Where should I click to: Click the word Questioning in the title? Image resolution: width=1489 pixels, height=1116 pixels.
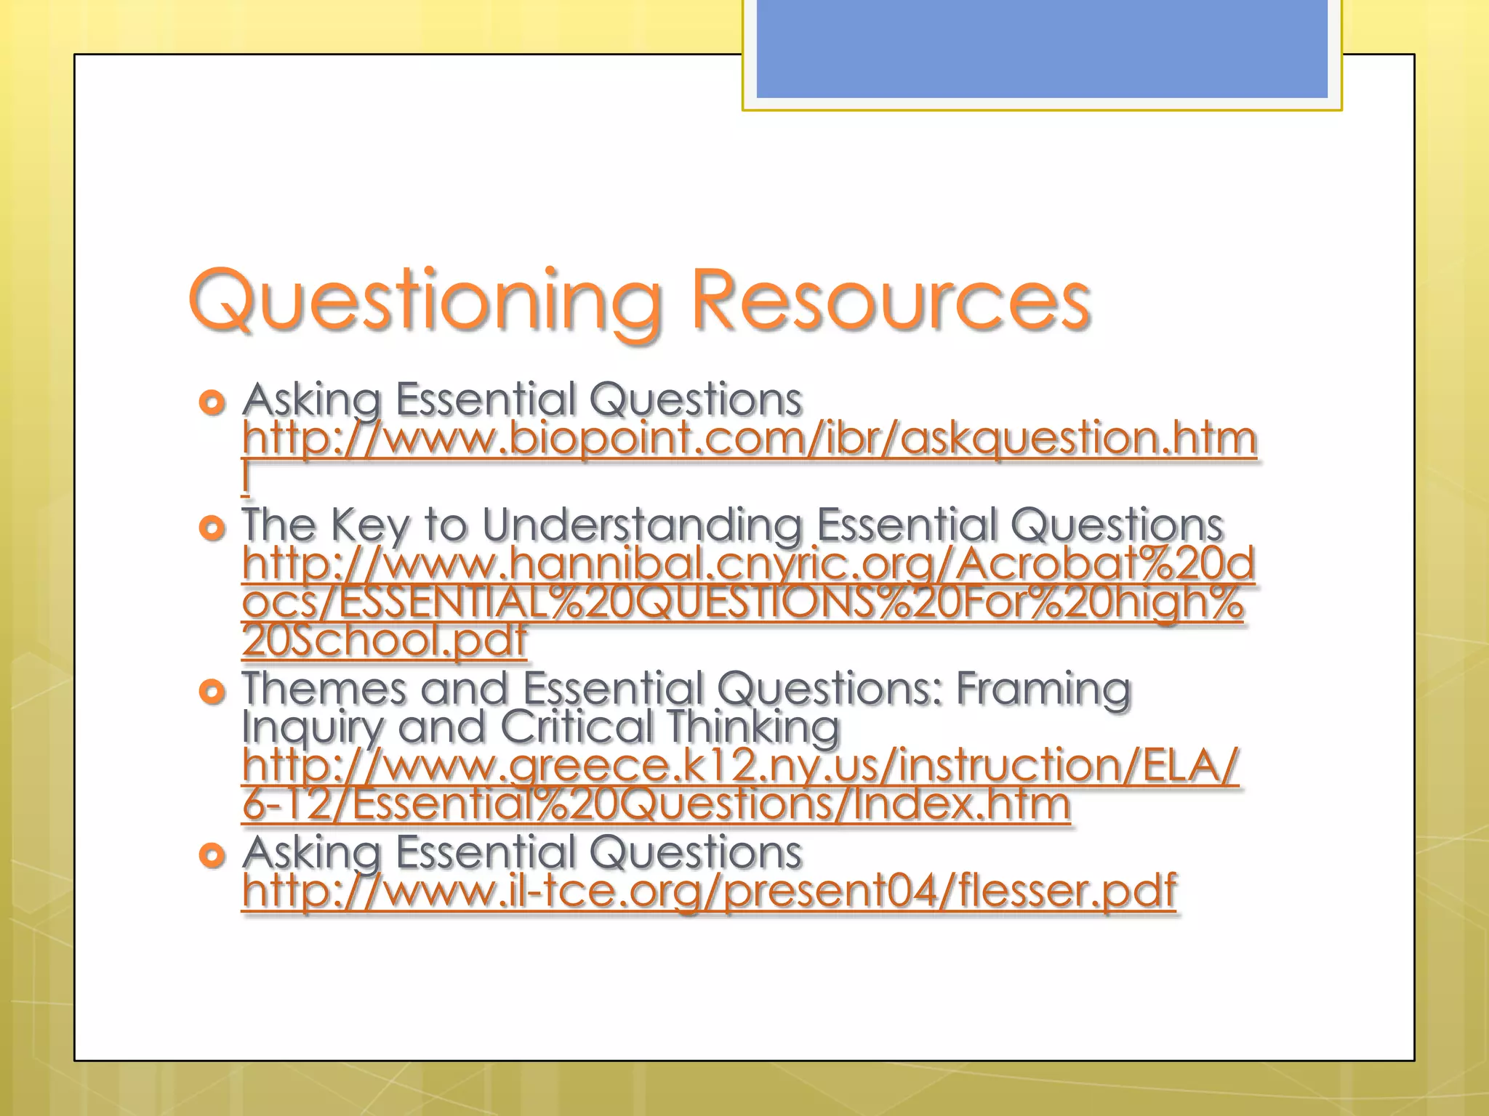pyautogui.click(x=425, y=299)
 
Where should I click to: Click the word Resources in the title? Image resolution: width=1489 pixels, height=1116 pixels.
pyautogui.click(x=891, y=299)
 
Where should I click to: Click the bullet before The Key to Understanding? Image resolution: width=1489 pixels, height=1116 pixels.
pyautogui.click(x=212, y=527)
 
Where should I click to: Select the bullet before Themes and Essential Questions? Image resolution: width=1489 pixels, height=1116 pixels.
pyautogui.click(x=212, y=692)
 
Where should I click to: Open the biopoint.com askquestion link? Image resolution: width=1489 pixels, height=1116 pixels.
pyautogui.click(x=749, y=440)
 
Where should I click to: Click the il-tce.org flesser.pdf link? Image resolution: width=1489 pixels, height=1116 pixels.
pyautogui.click(x=709, y=891)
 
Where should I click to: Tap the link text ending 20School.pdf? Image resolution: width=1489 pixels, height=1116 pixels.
pyautogui.click(x=384, y=640)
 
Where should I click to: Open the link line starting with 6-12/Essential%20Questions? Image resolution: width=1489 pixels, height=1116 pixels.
pyautogui.click(x=656, y=804)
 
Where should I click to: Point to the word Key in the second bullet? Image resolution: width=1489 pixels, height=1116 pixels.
pyautogui.click(x=370, y=525)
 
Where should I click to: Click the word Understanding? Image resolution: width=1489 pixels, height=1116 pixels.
pyautogui.click(x=642, y=525)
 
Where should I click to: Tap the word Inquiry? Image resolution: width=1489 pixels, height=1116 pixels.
pyautogui.click(x=312, y=727)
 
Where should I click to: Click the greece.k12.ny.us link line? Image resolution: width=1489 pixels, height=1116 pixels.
pyautogui.click(x=740, y=767)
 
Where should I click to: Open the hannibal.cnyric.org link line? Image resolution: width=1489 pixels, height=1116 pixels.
pyautogui.click(x=749, y=565)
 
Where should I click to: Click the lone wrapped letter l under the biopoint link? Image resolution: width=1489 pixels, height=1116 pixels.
pyautogui.click(x=246, y=477)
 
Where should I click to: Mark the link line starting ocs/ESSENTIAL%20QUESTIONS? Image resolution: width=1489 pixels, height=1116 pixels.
pyautogui.click(x=742, y=603)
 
